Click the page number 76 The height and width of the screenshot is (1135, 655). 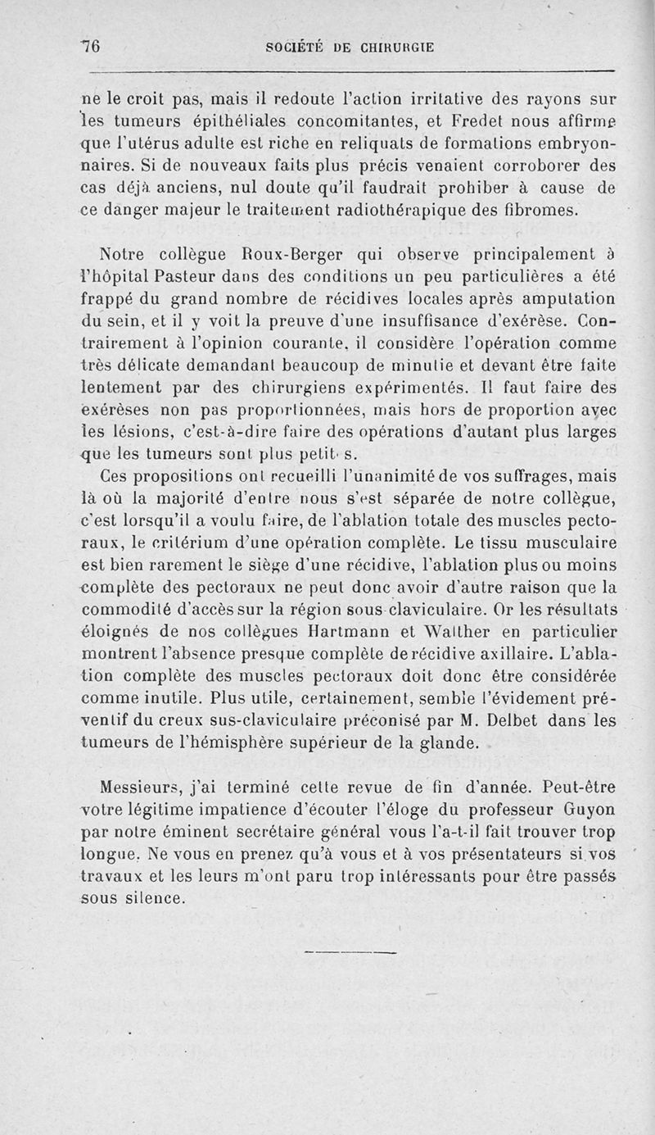point(90,48)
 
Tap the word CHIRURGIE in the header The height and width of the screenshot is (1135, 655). point(391,48)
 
